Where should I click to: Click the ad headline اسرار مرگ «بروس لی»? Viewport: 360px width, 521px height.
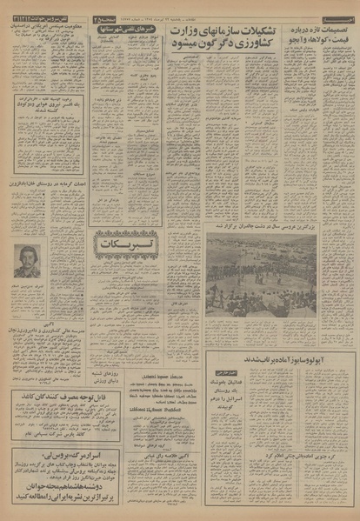pos(49,453)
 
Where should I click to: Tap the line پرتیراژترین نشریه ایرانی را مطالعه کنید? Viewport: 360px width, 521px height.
pos(49,495)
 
